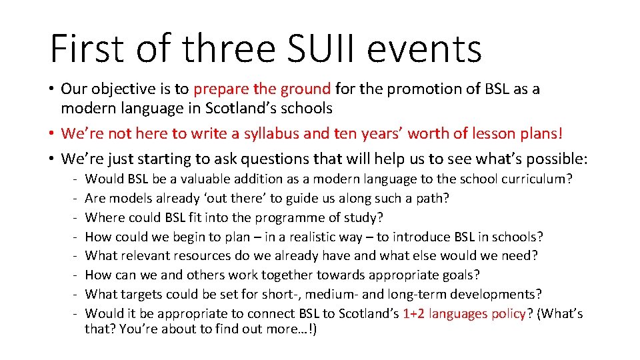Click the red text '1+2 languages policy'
(x=464, y=313)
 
